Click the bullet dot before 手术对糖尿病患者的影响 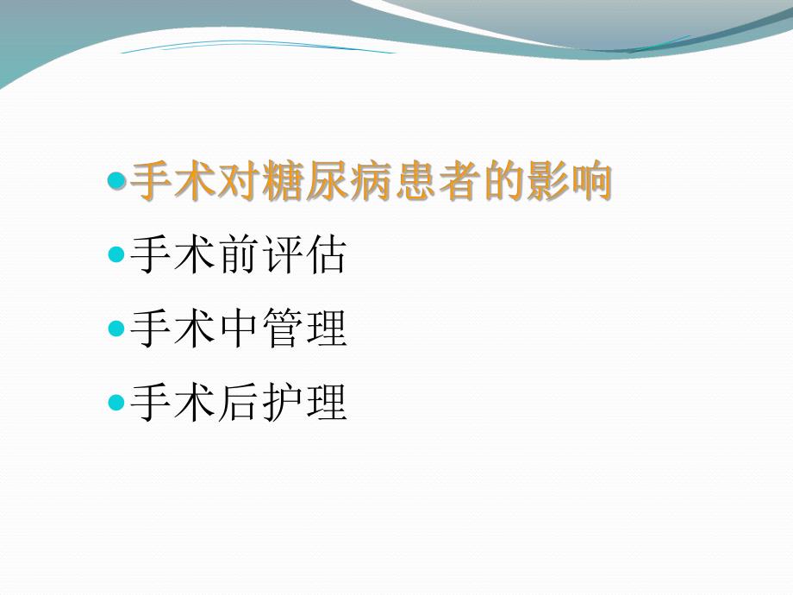click(x=117, y=182)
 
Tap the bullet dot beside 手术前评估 click(x=117, y=255)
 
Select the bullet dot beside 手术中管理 click(x=117, y=329)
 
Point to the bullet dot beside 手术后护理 click(x=117, y=402)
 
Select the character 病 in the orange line click(x=373, y=182)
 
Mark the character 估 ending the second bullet click(x=327, y=255)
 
